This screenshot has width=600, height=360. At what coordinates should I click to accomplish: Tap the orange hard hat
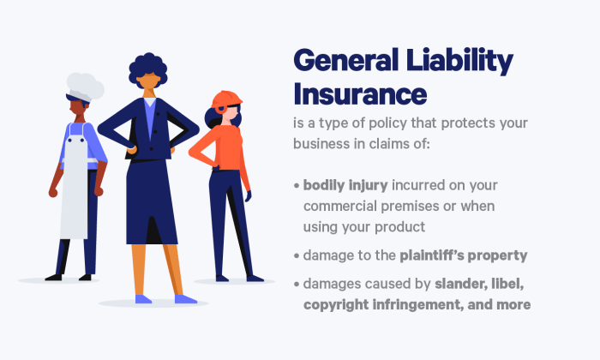coord(227,99)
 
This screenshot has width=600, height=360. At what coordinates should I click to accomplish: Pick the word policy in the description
coord(407,123)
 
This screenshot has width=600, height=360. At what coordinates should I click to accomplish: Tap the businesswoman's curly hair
coord(150,65)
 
